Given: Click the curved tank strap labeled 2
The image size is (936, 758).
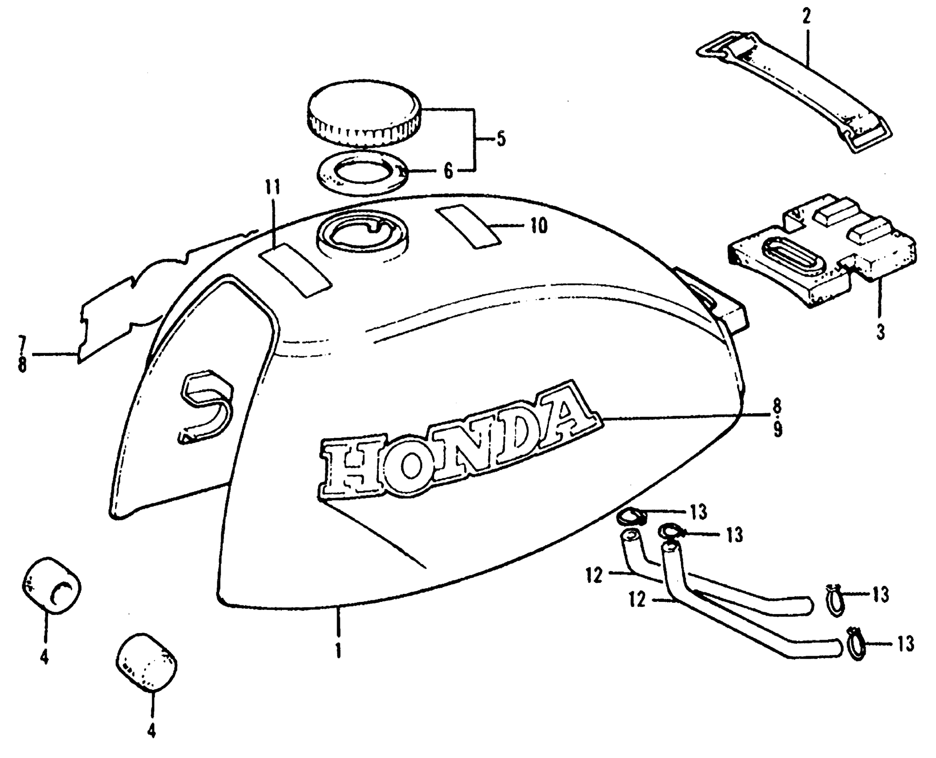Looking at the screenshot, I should [794, 89].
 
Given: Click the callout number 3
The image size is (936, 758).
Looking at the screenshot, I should [880, 333].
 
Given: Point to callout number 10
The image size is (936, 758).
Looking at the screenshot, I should [539, 226].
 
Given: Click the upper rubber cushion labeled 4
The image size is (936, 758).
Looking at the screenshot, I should [51, 585].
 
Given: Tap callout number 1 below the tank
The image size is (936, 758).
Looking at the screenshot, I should [339, 651].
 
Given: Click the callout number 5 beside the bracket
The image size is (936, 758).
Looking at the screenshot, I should [501, 139].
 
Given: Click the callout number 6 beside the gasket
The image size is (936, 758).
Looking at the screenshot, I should [448, 171].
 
